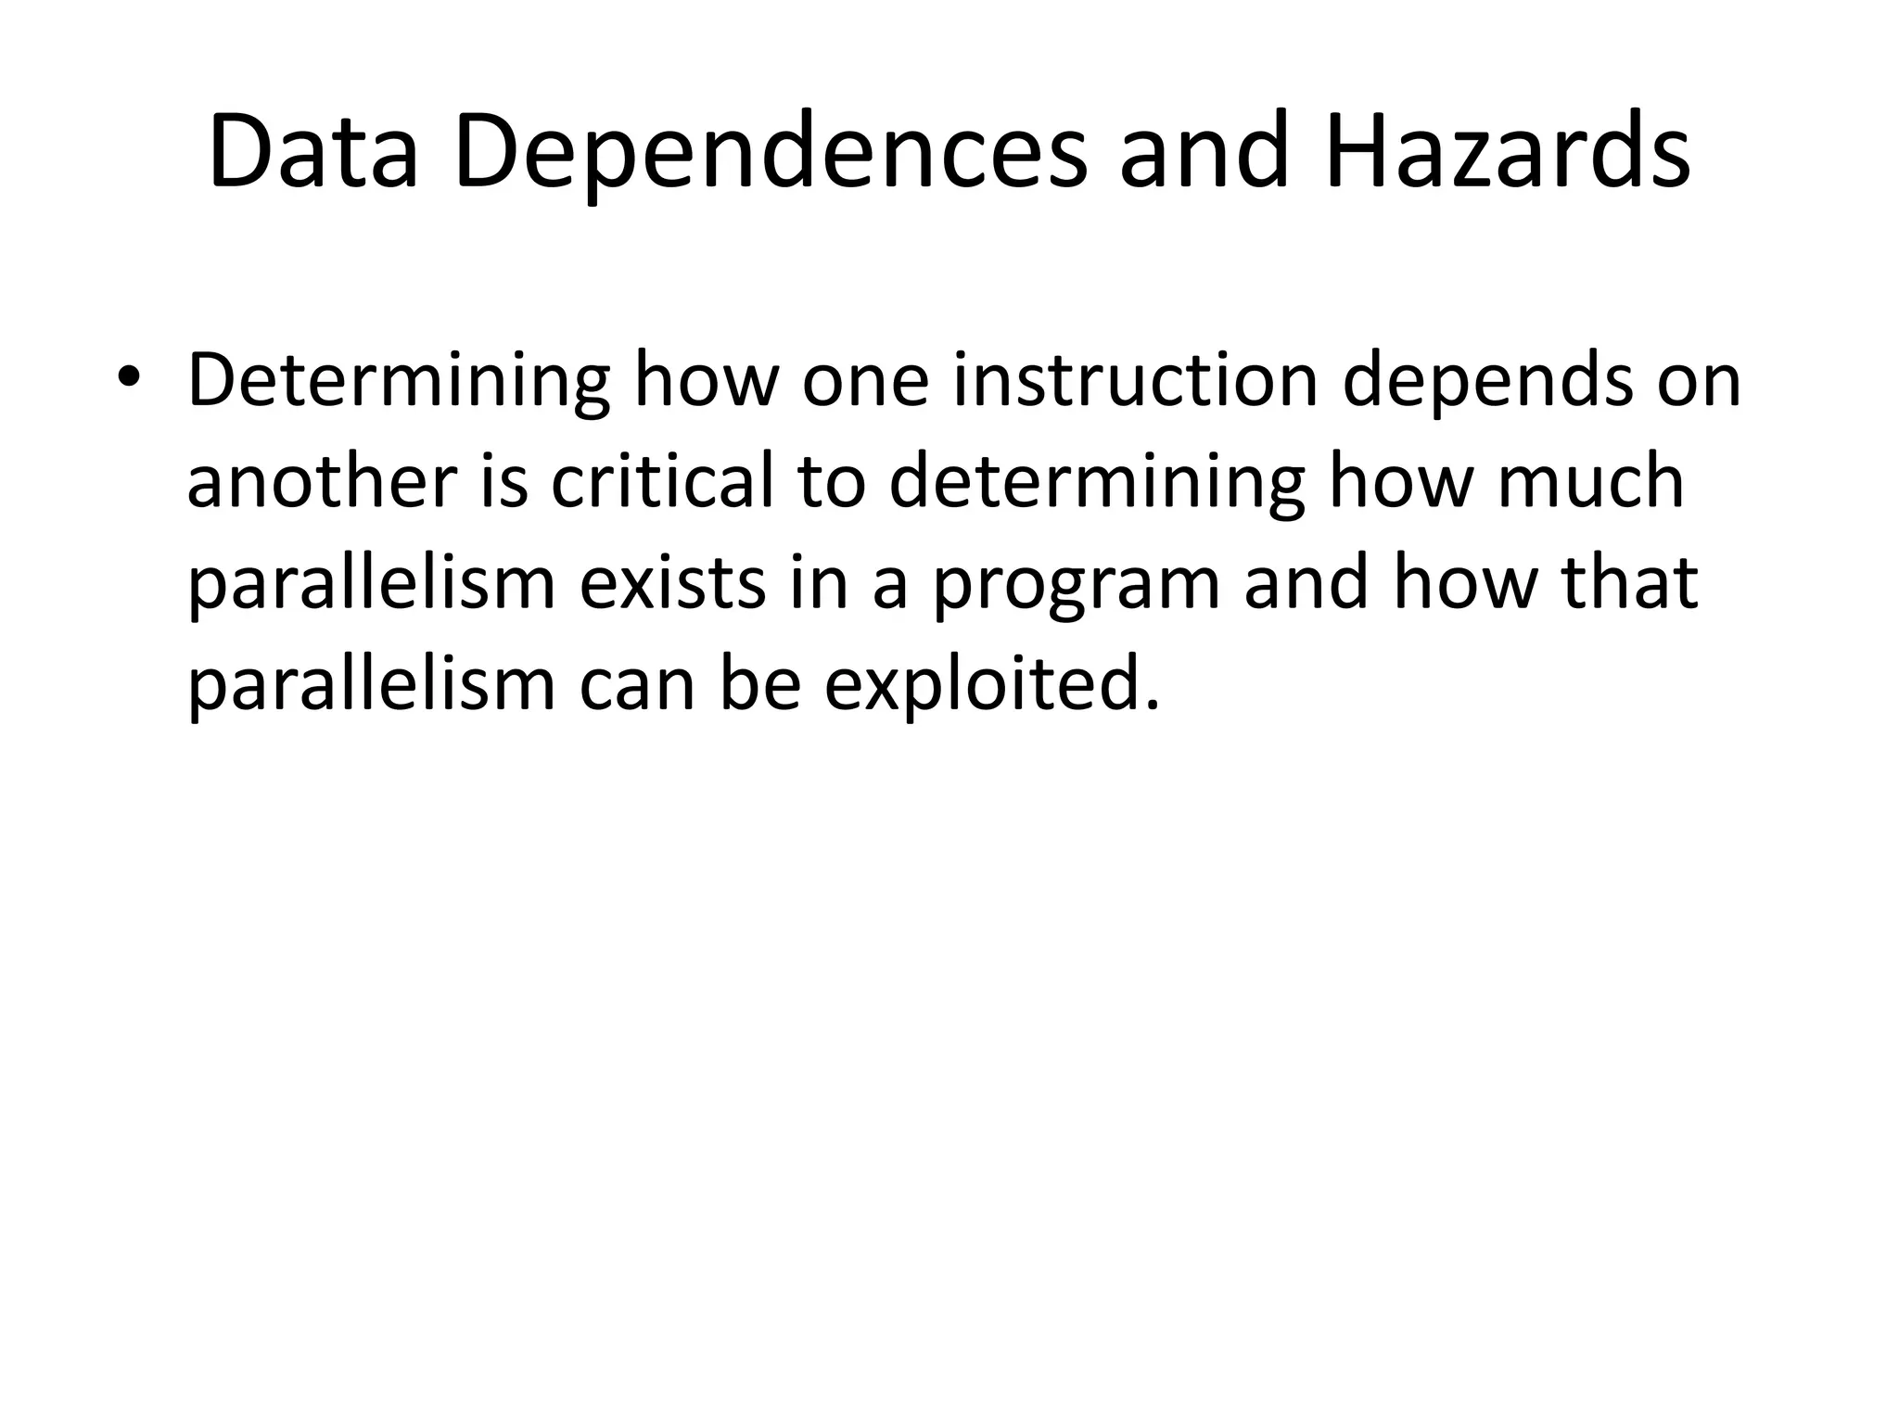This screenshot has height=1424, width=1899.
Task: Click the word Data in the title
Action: (313, 151)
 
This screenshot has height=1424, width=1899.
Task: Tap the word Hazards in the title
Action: (1508, 151)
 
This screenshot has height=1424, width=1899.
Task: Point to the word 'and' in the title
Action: (1204, 151)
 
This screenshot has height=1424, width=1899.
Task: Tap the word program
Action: (1076, 584)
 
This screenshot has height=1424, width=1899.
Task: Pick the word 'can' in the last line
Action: (637, 686)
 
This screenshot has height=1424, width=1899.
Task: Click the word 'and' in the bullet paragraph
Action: (1306, 584)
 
